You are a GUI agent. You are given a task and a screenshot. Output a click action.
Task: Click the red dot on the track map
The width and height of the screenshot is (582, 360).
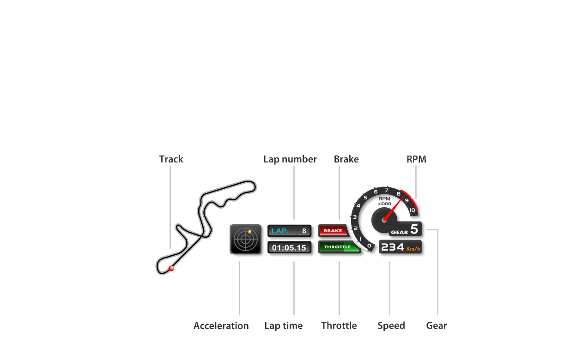[171, 268]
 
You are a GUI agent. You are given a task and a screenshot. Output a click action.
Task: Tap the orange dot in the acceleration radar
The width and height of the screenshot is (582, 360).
[249, 232]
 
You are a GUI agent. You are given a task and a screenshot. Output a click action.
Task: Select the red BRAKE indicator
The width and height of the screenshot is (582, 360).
[333, 230]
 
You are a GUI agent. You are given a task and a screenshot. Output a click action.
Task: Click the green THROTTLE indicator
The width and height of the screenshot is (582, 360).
[339, 247]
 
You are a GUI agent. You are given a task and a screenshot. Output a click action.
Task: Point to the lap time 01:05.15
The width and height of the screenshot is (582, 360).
[289, 247]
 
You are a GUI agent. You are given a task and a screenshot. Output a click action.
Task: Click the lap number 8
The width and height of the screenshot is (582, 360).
[304, 231]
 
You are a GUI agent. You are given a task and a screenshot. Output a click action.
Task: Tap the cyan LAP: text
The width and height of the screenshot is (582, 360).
[280, 231]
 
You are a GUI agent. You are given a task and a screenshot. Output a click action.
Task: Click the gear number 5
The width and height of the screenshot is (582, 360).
[414, 229]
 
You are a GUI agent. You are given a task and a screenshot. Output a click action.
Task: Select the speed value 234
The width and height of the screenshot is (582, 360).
[393, 247]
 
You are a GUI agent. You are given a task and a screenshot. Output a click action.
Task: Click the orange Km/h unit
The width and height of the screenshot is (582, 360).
[413, 249]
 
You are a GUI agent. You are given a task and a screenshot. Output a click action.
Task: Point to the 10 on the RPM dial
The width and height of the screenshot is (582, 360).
[412, 210]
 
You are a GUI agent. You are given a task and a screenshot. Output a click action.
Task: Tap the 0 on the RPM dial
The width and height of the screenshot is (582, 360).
[369, 246]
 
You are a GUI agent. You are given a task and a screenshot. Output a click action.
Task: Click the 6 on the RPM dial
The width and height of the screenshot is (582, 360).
[376, 192]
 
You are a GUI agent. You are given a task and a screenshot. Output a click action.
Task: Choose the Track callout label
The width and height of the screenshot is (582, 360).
[171, 159]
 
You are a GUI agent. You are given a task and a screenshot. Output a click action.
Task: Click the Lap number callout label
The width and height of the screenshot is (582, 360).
[290, 159]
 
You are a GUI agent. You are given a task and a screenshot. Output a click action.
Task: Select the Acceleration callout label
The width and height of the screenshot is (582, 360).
[221, 326]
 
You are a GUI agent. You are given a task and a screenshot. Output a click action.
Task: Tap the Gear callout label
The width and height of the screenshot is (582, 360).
[436, 325]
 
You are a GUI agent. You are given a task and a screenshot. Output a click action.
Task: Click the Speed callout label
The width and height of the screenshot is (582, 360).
[391, 326]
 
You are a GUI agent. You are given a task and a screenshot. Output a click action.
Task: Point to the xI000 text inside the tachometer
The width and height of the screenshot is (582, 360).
[384, 204]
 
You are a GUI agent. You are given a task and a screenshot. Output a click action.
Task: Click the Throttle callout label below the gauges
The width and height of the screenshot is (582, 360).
[339, 325]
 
